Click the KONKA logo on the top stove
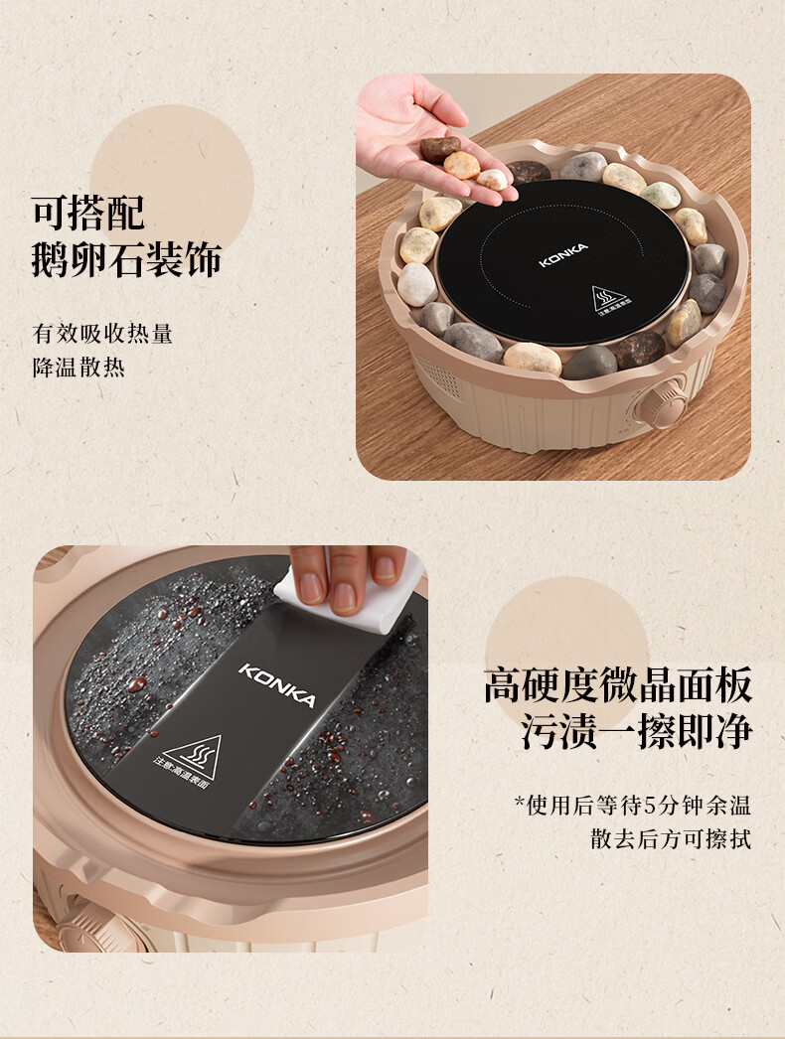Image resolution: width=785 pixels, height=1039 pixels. point(563,255)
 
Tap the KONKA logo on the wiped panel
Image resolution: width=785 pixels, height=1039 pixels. point(277,685)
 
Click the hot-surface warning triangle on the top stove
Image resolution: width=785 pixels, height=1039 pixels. point(609,298)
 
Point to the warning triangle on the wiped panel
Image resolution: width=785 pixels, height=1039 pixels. point(192,757)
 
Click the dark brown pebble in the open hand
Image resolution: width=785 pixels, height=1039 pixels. point(439,148)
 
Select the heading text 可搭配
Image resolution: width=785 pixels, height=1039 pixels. point(87,212)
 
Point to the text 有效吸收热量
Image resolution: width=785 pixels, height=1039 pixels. point(102,334)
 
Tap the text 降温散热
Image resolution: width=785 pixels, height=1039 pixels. point(78,368)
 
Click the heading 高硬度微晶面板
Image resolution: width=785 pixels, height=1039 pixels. point(618,685)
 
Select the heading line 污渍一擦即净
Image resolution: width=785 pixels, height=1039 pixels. point(637,731)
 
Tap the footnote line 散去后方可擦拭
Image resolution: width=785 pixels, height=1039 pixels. point(671,839)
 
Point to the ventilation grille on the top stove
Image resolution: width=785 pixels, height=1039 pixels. point(435,373)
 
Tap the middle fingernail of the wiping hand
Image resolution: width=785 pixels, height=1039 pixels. point(344,596)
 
